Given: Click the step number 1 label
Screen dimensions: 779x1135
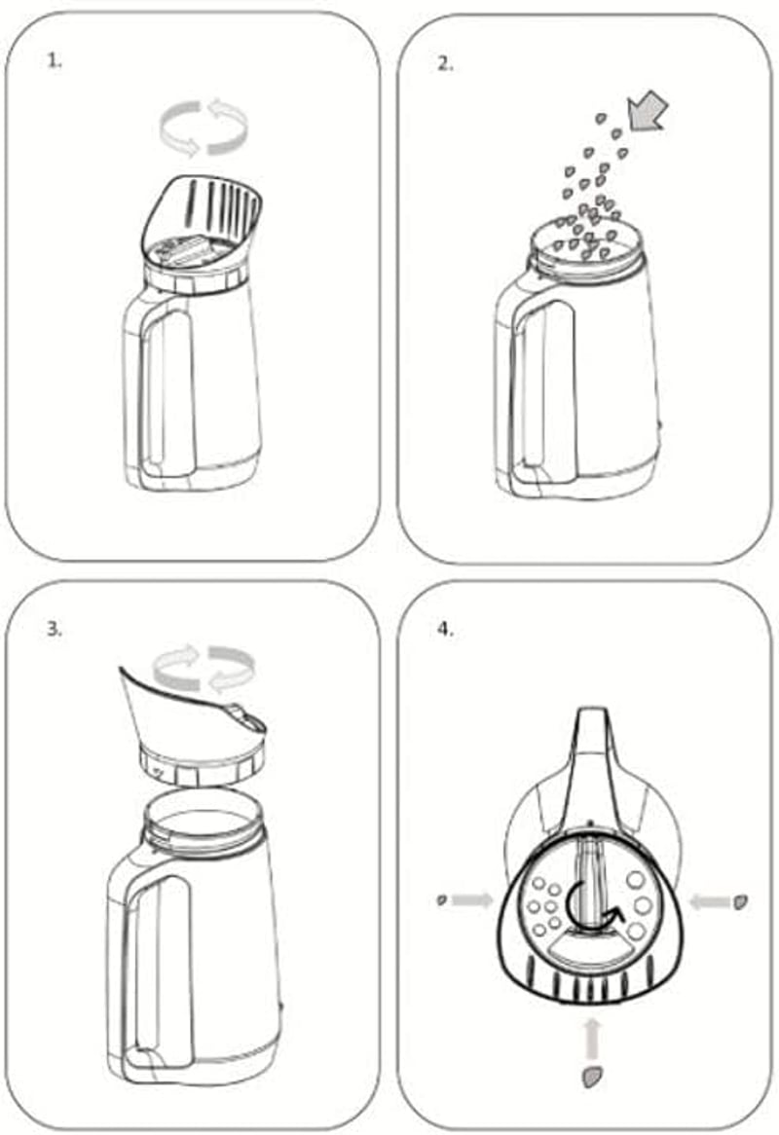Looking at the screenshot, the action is (x=55, y=60).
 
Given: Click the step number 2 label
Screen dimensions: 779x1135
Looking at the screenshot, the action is (x=445, y=63).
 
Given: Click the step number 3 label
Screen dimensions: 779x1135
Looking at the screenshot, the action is (x=55, y=628).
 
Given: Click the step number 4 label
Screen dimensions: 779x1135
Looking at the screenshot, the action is (x=445, y=628).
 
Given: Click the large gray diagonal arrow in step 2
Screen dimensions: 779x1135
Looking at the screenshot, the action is (x=647, y=111).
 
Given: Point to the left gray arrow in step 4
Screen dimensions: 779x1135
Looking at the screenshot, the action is (x=472, y=900).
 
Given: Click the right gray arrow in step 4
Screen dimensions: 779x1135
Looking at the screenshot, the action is (x=710, y=902).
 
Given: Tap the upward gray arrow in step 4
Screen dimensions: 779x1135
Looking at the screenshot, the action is (x=592, y=1040).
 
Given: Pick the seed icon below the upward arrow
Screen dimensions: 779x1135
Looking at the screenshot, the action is (x=593, y=1078).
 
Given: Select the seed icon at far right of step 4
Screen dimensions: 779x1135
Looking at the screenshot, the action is (x=741, y=902).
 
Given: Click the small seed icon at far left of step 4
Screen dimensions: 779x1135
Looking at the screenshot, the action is (x=442, y=900).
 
